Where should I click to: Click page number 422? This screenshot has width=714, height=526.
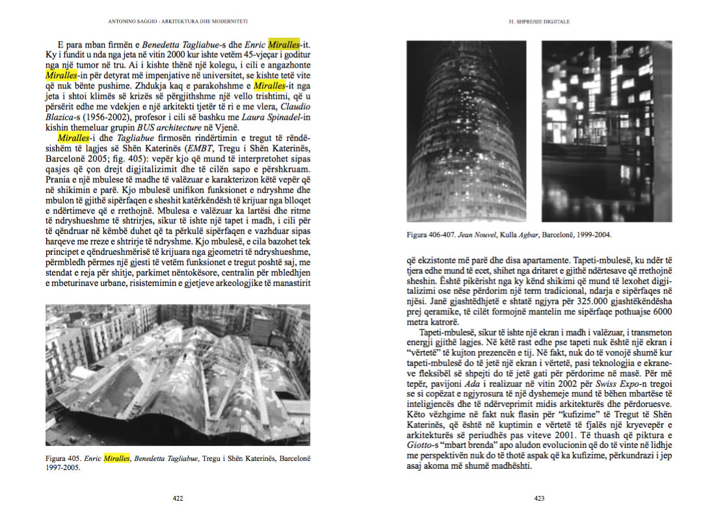(x=177, y=499)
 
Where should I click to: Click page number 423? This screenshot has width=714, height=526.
(x=539, y=499)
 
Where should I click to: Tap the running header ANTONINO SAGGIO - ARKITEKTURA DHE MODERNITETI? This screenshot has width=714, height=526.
(x=177, y=21)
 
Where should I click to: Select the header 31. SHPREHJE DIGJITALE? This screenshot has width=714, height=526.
(x=538, y=21)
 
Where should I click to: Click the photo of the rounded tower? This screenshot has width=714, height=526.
(x=466, y=131)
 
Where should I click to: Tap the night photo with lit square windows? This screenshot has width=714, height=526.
(x=606, y=131)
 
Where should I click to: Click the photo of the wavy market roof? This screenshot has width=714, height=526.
(x=178, y=375)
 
